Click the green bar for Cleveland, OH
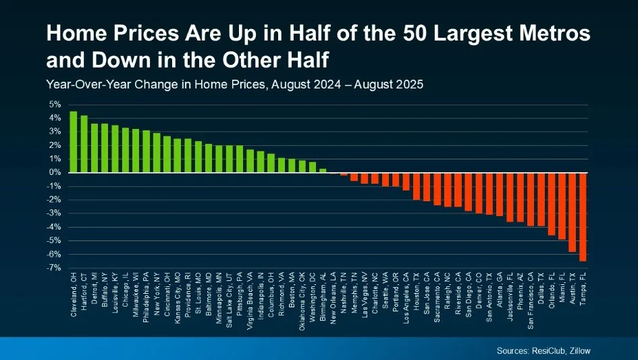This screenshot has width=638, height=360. click(x=73, y=142)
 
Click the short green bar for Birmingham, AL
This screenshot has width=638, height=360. click(x=323, y=170)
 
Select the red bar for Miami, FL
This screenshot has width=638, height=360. click(x=562, y=205)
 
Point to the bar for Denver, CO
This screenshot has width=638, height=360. click(x=479, y=192)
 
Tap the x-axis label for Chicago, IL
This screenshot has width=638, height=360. click(x=126, y=291)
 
